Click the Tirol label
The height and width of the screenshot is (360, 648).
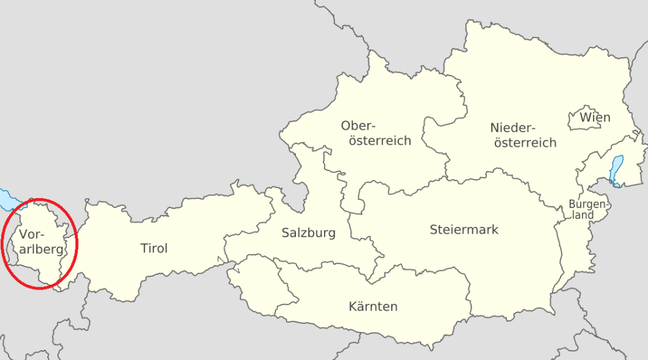[154, 249]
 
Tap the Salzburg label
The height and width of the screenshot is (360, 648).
[308, 233]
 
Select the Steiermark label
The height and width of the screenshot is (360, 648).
[464, 230]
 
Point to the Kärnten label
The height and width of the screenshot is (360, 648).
[373, 306]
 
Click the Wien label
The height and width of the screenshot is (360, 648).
[595, 117]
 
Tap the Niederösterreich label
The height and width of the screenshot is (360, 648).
[524, 135]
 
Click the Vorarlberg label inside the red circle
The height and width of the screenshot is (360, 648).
[40, 242]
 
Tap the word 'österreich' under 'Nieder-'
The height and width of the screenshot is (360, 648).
[525, 143]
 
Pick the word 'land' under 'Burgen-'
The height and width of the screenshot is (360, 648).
[584, 216]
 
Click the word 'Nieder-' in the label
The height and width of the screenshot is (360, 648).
[513, 128]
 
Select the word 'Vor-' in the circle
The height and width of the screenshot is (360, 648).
[32, 235]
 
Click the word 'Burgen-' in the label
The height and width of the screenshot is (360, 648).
[588, 204]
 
